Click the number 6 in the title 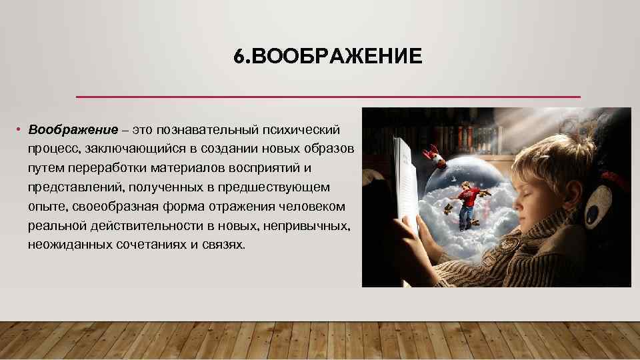239,57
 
